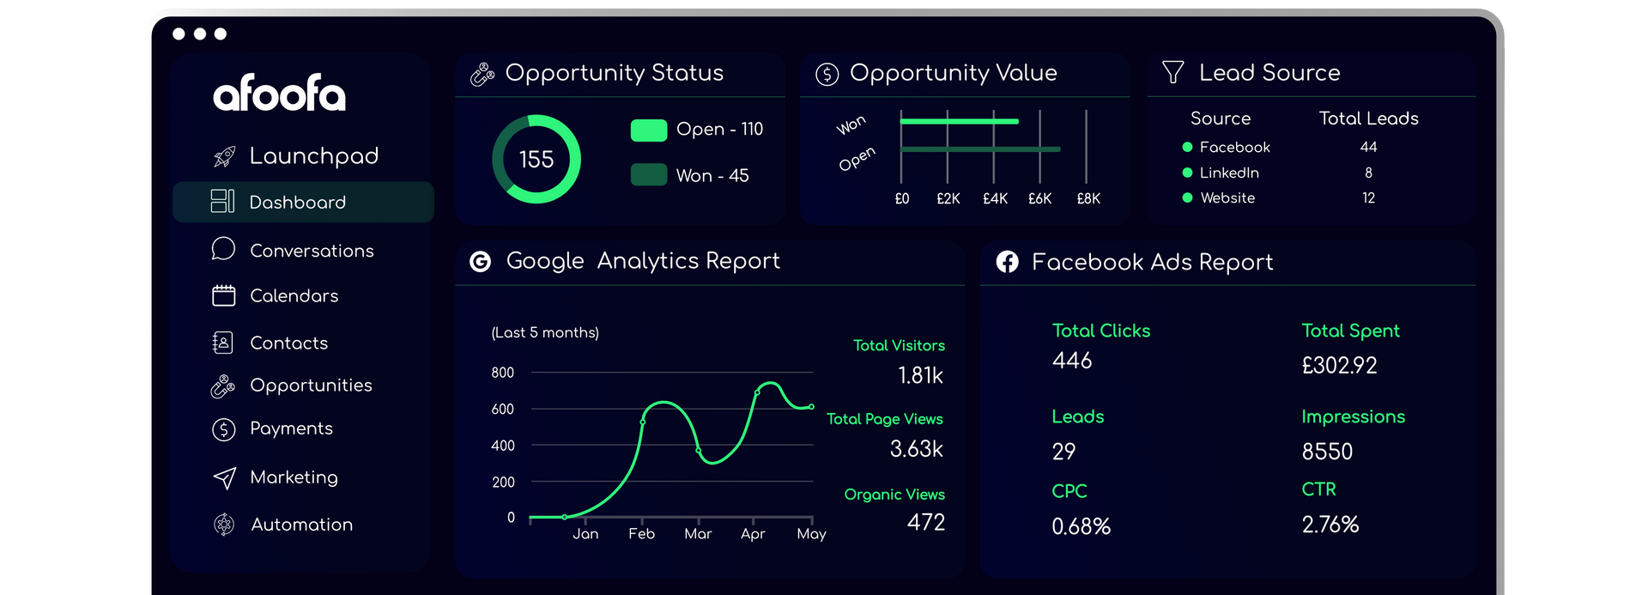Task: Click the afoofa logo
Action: [279, 94]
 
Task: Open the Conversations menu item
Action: [312, 251]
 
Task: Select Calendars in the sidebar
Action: [294, 295]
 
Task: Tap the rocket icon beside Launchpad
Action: [224, 156]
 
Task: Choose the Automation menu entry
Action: [301, 524]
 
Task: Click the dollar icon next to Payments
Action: [223, 428]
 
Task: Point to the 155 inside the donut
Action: [536, 159]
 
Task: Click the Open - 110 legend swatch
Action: [649, 130]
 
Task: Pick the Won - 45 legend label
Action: [712, 175]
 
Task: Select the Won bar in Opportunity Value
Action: [960, 121]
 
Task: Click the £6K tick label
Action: [1039, 198]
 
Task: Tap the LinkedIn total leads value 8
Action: [1368, 173]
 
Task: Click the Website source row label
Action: [1227, 197]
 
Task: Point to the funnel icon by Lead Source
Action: [1172, 72]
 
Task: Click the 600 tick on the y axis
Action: [502, 409]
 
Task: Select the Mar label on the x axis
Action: [698, 533]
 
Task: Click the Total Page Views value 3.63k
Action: [916, 448]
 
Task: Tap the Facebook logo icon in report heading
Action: [1007, 262]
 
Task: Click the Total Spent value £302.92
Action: [1339, 365]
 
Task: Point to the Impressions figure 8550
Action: [1327, 451]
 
